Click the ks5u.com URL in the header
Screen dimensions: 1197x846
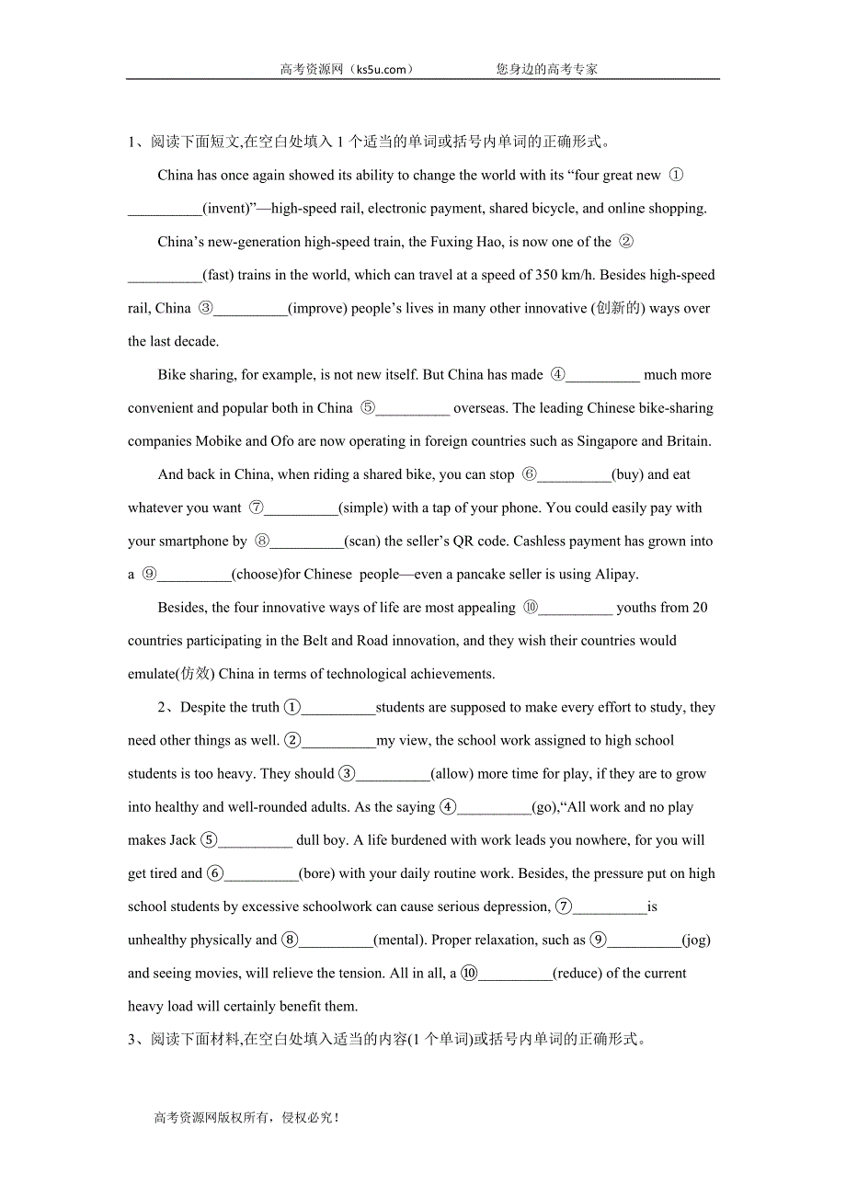378,69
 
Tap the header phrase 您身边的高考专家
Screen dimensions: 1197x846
546,69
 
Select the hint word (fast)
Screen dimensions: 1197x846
217,275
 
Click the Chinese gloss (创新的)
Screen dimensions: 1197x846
618,308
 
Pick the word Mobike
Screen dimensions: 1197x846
220,441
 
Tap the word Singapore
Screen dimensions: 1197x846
609,441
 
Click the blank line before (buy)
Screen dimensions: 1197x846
574,475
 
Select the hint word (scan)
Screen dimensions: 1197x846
362,541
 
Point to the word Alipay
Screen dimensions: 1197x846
615,575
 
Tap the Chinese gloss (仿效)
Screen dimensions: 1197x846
190,674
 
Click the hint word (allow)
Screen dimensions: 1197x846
452,774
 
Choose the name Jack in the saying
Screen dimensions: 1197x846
182,840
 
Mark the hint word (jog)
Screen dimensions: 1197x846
696,940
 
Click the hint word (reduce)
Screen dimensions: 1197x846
577,973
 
